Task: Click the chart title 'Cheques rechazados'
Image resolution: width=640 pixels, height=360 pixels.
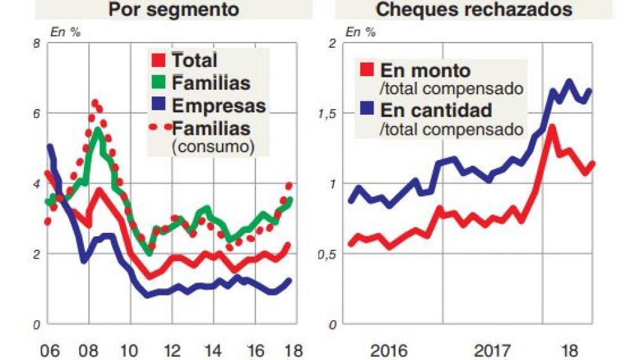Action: tap(474, 10)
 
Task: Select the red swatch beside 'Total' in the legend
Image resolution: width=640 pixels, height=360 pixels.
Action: tap(158, 61)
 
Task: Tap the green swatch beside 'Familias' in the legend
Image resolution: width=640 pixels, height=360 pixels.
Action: tap(158, 83)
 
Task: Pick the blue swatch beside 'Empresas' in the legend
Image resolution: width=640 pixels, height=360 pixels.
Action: tap(158, 105)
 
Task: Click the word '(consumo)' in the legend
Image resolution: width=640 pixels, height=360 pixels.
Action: tap(211, 146)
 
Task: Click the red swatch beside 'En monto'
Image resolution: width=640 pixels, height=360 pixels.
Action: tap(366, 70)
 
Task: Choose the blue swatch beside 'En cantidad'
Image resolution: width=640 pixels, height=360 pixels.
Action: tap(366, 109)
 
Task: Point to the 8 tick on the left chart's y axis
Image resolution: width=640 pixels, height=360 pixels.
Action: tap(36, 43)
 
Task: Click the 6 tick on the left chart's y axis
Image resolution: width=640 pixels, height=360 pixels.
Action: tap(36, 114)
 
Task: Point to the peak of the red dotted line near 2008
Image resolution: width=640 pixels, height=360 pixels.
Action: tap(95, 102)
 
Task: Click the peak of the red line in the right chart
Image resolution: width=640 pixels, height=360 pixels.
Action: tap(552, 127)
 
